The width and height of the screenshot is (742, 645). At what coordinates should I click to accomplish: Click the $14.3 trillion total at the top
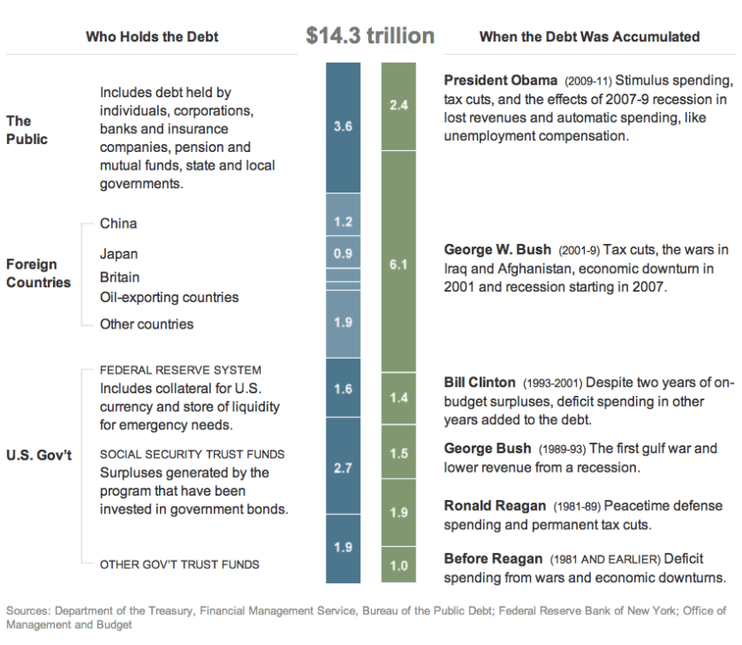[x=370, y=35]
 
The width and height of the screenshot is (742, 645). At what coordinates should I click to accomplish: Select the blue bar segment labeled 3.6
[x=344, y=127]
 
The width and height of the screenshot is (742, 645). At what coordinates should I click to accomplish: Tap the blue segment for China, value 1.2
[x=344, y=222]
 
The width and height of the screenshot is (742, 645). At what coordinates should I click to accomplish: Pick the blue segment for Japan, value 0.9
[x=344, y=253]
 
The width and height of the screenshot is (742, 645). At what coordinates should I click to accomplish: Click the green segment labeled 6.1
[x=398, y=264]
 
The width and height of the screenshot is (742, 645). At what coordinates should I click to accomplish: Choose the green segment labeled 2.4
[x=398, y=104]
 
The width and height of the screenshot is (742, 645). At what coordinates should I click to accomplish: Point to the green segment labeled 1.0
[x=398, y=565]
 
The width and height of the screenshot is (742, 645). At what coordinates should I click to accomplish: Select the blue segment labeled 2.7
[x=344, y=467]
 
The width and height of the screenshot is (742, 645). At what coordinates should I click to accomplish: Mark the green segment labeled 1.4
[x=398, y=398]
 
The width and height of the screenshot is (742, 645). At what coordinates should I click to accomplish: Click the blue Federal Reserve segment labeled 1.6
[x=344, y=389]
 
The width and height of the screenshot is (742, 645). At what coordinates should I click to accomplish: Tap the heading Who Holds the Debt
[x=152, y=37]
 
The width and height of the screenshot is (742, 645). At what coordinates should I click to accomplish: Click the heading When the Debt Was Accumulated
[x=589, y=37]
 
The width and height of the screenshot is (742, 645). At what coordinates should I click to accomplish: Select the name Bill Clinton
[x=480, y=383]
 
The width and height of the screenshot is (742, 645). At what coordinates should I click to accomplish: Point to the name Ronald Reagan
[x=495, y=506]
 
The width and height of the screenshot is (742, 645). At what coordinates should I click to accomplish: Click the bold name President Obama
[x=501, y=80]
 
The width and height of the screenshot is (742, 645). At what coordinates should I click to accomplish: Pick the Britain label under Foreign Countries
[x=119, y=277]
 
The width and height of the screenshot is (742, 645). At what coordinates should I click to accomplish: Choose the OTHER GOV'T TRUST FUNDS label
[x=179, y=564]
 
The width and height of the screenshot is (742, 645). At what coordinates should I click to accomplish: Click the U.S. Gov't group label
[x=39, y=454]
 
